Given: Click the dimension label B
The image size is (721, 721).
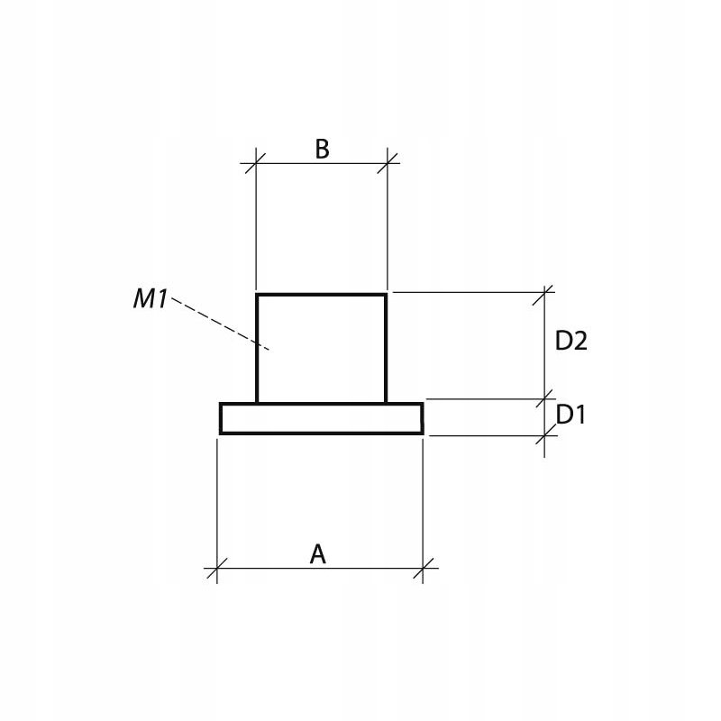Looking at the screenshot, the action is [x=322, y=149].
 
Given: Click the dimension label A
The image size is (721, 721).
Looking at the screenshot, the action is [x=318, y=553].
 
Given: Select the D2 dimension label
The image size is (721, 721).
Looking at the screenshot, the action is [x=571, y=342].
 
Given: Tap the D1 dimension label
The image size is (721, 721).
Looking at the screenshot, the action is [x=570, y=415].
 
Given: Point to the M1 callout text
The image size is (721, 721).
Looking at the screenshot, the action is [x=151, y=299].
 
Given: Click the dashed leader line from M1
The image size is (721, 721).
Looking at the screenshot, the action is [x=221, y=324].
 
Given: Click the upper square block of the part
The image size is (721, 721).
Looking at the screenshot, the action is [x=322, y=348].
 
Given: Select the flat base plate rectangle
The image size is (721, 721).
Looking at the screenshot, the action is [x=322, y=418].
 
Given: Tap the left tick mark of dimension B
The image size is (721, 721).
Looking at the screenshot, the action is [x=256, y=163].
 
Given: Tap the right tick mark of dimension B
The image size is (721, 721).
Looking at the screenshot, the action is [x=388, y=163].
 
